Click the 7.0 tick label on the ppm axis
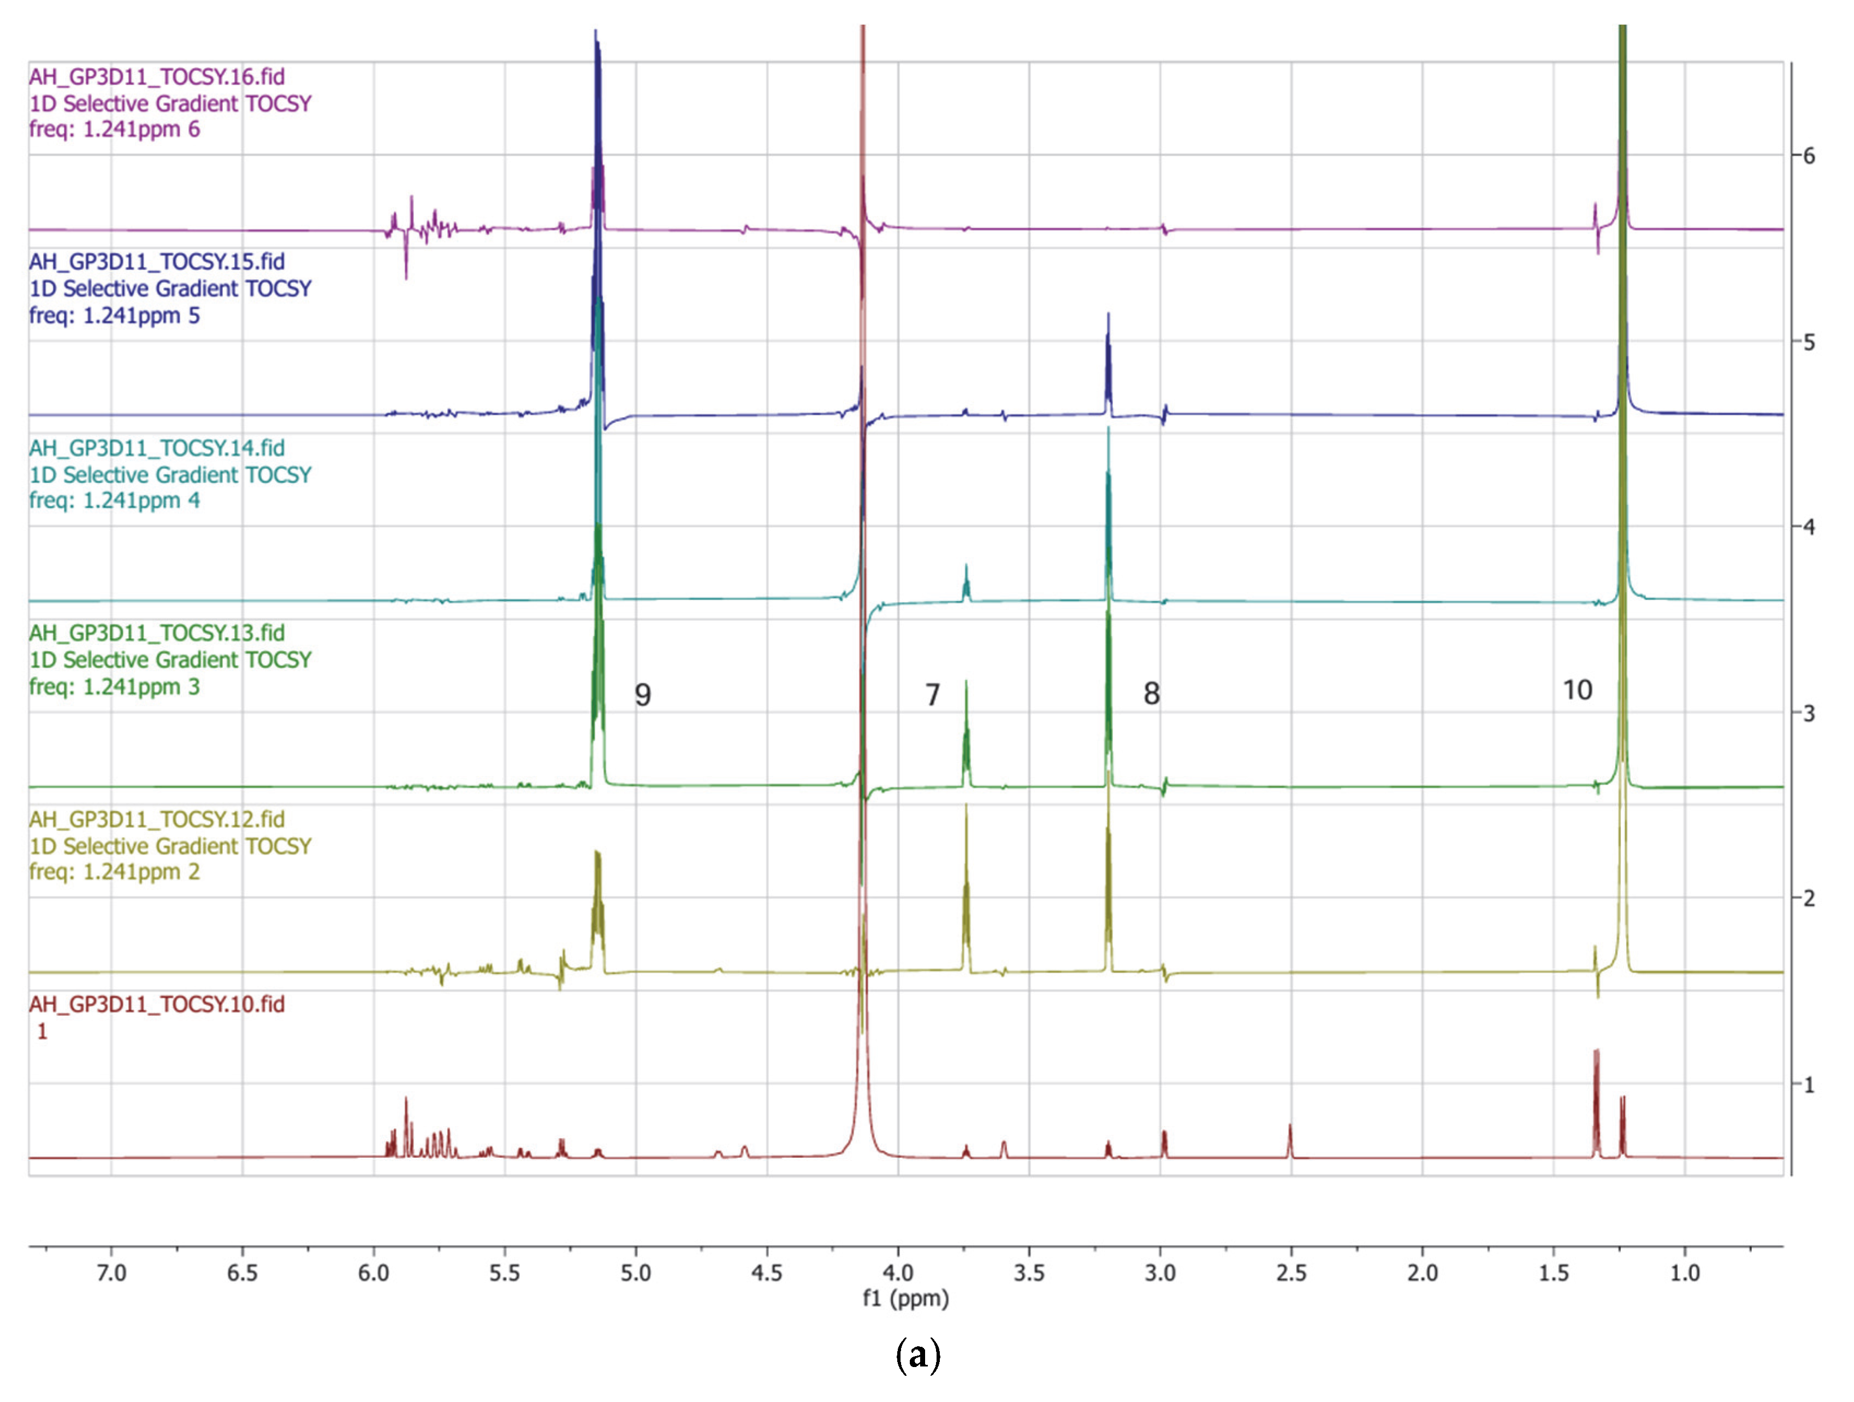[x=111, y=1273]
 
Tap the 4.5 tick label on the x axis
[x=766, y=1273]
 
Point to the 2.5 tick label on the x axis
[x=1291, y=1273]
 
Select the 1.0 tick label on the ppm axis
[x=1685, y=1273]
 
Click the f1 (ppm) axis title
[x=905, y=1299]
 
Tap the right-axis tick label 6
[x=1809, y=156]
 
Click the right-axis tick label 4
[x=1809, y=527]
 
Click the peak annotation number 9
[x=643, y=695]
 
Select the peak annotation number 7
[x=932, y=695]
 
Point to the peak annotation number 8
[x=1152, y=693]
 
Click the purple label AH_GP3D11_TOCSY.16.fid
[x=157, y=77]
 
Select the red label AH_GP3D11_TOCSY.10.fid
[x=157, y=1005]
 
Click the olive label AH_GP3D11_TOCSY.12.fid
[x=157, y=819]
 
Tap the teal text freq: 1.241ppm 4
[x=115, y=500]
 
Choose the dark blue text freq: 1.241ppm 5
[x=115, y=316]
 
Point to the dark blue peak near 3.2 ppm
[x=1108, y=352]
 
